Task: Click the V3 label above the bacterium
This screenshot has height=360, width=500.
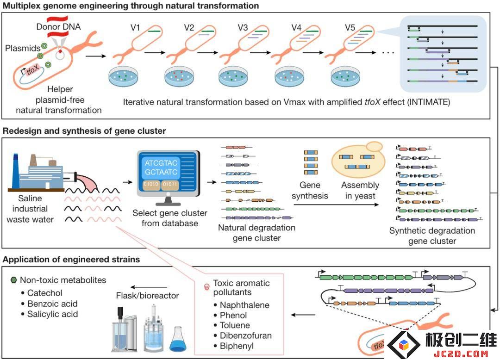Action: pos(243,28)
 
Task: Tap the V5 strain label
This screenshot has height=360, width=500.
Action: pos(350,28)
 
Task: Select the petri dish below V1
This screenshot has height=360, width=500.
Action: pos(123,76)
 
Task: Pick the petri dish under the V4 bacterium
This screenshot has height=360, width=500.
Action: pos(289,76)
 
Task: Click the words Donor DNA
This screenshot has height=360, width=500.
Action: pos(58,27)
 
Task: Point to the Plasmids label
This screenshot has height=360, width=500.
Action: pos(23,48)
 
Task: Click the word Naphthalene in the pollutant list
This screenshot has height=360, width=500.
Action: pos(244,305)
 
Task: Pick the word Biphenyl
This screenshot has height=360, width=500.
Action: pos(237,346)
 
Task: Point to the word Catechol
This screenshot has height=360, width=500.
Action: pos(44,293)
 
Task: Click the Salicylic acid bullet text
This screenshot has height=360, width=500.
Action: pos(53,314)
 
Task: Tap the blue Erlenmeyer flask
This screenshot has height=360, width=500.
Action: pos(178,340)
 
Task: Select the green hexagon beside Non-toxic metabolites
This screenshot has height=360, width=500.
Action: pos(13,280)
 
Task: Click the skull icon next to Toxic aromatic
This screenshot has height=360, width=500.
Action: pos(206,287)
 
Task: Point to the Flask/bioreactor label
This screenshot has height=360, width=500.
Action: pos(147,296)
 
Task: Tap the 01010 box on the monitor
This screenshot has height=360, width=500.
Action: pos(151,185)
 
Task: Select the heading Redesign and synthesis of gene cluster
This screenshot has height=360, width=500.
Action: pos(84,131)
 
